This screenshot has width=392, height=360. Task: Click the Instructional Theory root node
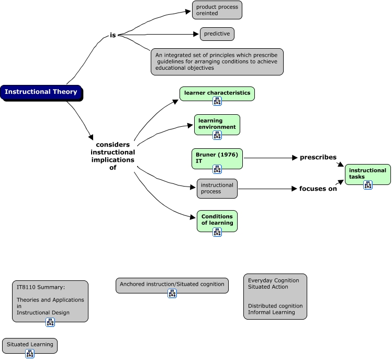(x=41, y=92)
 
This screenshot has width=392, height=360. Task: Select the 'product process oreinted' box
(x=217, y=10)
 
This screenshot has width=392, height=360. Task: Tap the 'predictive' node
(x=217, y=34)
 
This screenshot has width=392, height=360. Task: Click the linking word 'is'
(x=113, y=35)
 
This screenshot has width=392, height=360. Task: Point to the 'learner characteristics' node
(x=217, y=93)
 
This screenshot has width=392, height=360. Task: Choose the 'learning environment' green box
(x=217, y=124)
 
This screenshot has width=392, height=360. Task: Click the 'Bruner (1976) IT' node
(x=217, y=158)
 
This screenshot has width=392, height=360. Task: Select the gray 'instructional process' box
(x=217, y=189)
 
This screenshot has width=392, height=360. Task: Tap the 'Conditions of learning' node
(x=217, y=220)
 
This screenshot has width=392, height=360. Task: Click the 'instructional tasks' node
(x=367, y=173)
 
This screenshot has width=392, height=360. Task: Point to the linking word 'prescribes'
(x=318, y=157)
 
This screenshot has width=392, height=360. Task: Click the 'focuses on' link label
(x=318, y=189)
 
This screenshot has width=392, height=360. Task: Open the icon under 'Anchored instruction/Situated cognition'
(x=172, y=293)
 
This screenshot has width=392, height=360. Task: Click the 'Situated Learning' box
(x=29, y=345)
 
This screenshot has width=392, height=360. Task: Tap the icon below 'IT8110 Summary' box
(x=50, y=322)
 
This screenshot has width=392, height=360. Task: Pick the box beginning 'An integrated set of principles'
(x=217, y=61)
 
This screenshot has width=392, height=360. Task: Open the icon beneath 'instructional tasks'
(x=368, y=185)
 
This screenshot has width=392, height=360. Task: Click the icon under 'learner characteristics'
(x=217, y=101)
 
